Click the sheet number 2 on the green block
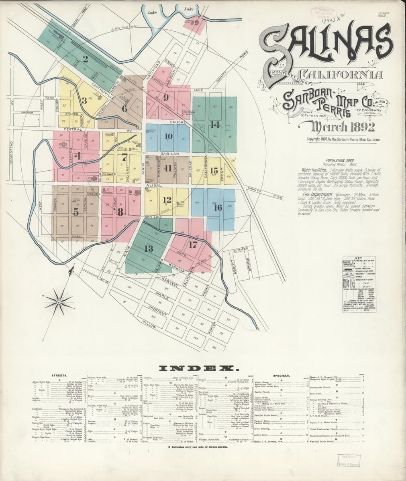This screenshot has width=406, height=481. point(85,59)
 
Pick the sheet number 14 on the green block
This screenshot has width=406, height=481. point(215,125)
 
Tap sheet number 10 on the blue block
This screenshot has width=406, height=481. point(168,136)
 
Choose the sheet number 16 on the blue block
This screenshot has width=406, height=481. point(218,207)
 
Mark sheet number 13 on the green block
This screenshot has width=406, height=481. point(149,249)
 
